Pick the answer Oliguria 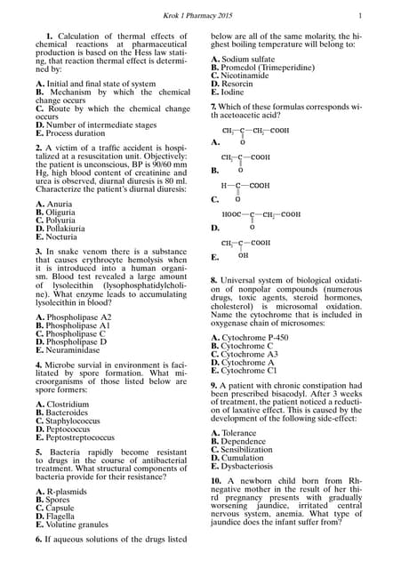62,213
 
